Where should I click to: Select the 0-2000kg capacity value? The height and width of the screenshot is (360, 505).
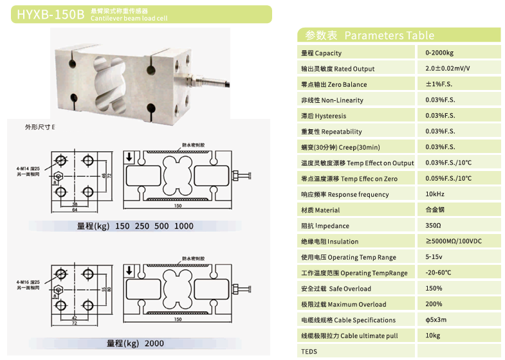[x=439, y=53]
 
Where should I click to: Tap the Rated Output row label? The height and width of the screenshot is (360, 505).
[x=337, y=69]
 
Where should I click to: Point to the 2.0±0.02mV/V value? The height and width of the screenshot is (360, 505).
[x=447, y=68]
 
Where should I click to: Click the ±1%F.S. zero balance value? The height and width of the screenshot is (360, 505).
[x=440, y=84]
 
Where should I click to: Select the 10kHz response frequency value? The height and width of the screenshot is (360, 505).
[x=435, y=194]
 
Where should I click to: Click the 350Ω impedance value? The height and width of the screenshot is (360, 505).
[x=433, y=226]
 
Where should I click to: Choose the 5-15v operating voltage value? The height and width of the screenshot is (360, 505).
[x=434, y=257]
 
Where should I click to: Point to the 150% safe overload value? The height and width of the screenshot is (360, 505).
[x=434, y=289]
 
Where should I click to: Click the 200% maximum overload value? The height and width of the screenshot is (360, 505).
[x=434, y=304]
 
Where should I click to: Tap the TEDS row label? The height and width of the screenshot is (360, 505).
[x=309, y=352]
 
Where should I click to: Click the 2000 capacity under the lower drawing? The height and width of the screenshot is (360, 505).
[x=154, y=343]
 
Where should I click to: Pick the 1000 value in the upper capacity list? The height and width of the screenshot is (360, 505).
[x=183, y=226]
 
